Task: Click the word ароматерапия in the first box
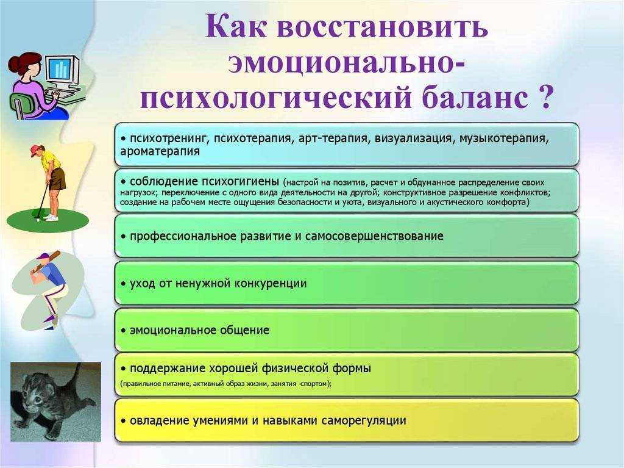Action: pos(160,152)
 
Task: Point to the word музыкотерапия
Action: pos(504,139)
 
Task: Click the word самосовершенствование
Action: pos(374,236)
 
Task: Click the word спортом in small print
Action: pos(316,384)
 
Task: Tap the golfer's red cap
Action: pos(36,150)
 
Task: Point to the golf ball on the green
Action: pos(37,219)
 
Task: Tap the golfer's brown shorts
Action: pos(57,178)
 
